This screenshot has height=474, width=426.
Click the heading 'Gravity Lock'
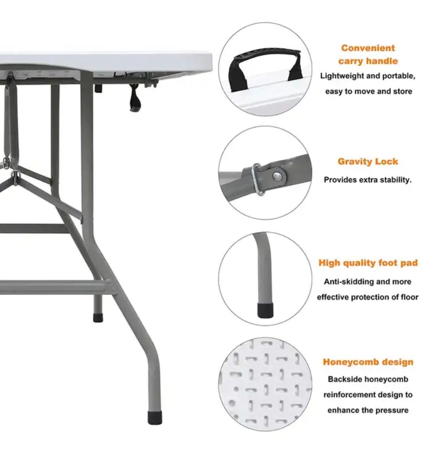click(x=368, y=162)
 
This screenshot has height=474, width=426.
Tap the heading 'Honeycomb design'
click(x=368, y=362)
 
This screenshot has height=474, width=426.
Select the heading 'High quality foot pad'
click(x=368, y=263)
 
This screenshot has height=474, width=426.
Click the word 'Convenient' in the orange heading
click(x=368, y=48)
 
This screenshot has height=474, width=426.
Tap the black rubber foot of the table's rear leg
click(x=98, y=318)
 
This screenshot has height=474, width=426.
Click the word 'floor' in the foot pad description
click(x=410, y=297)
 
